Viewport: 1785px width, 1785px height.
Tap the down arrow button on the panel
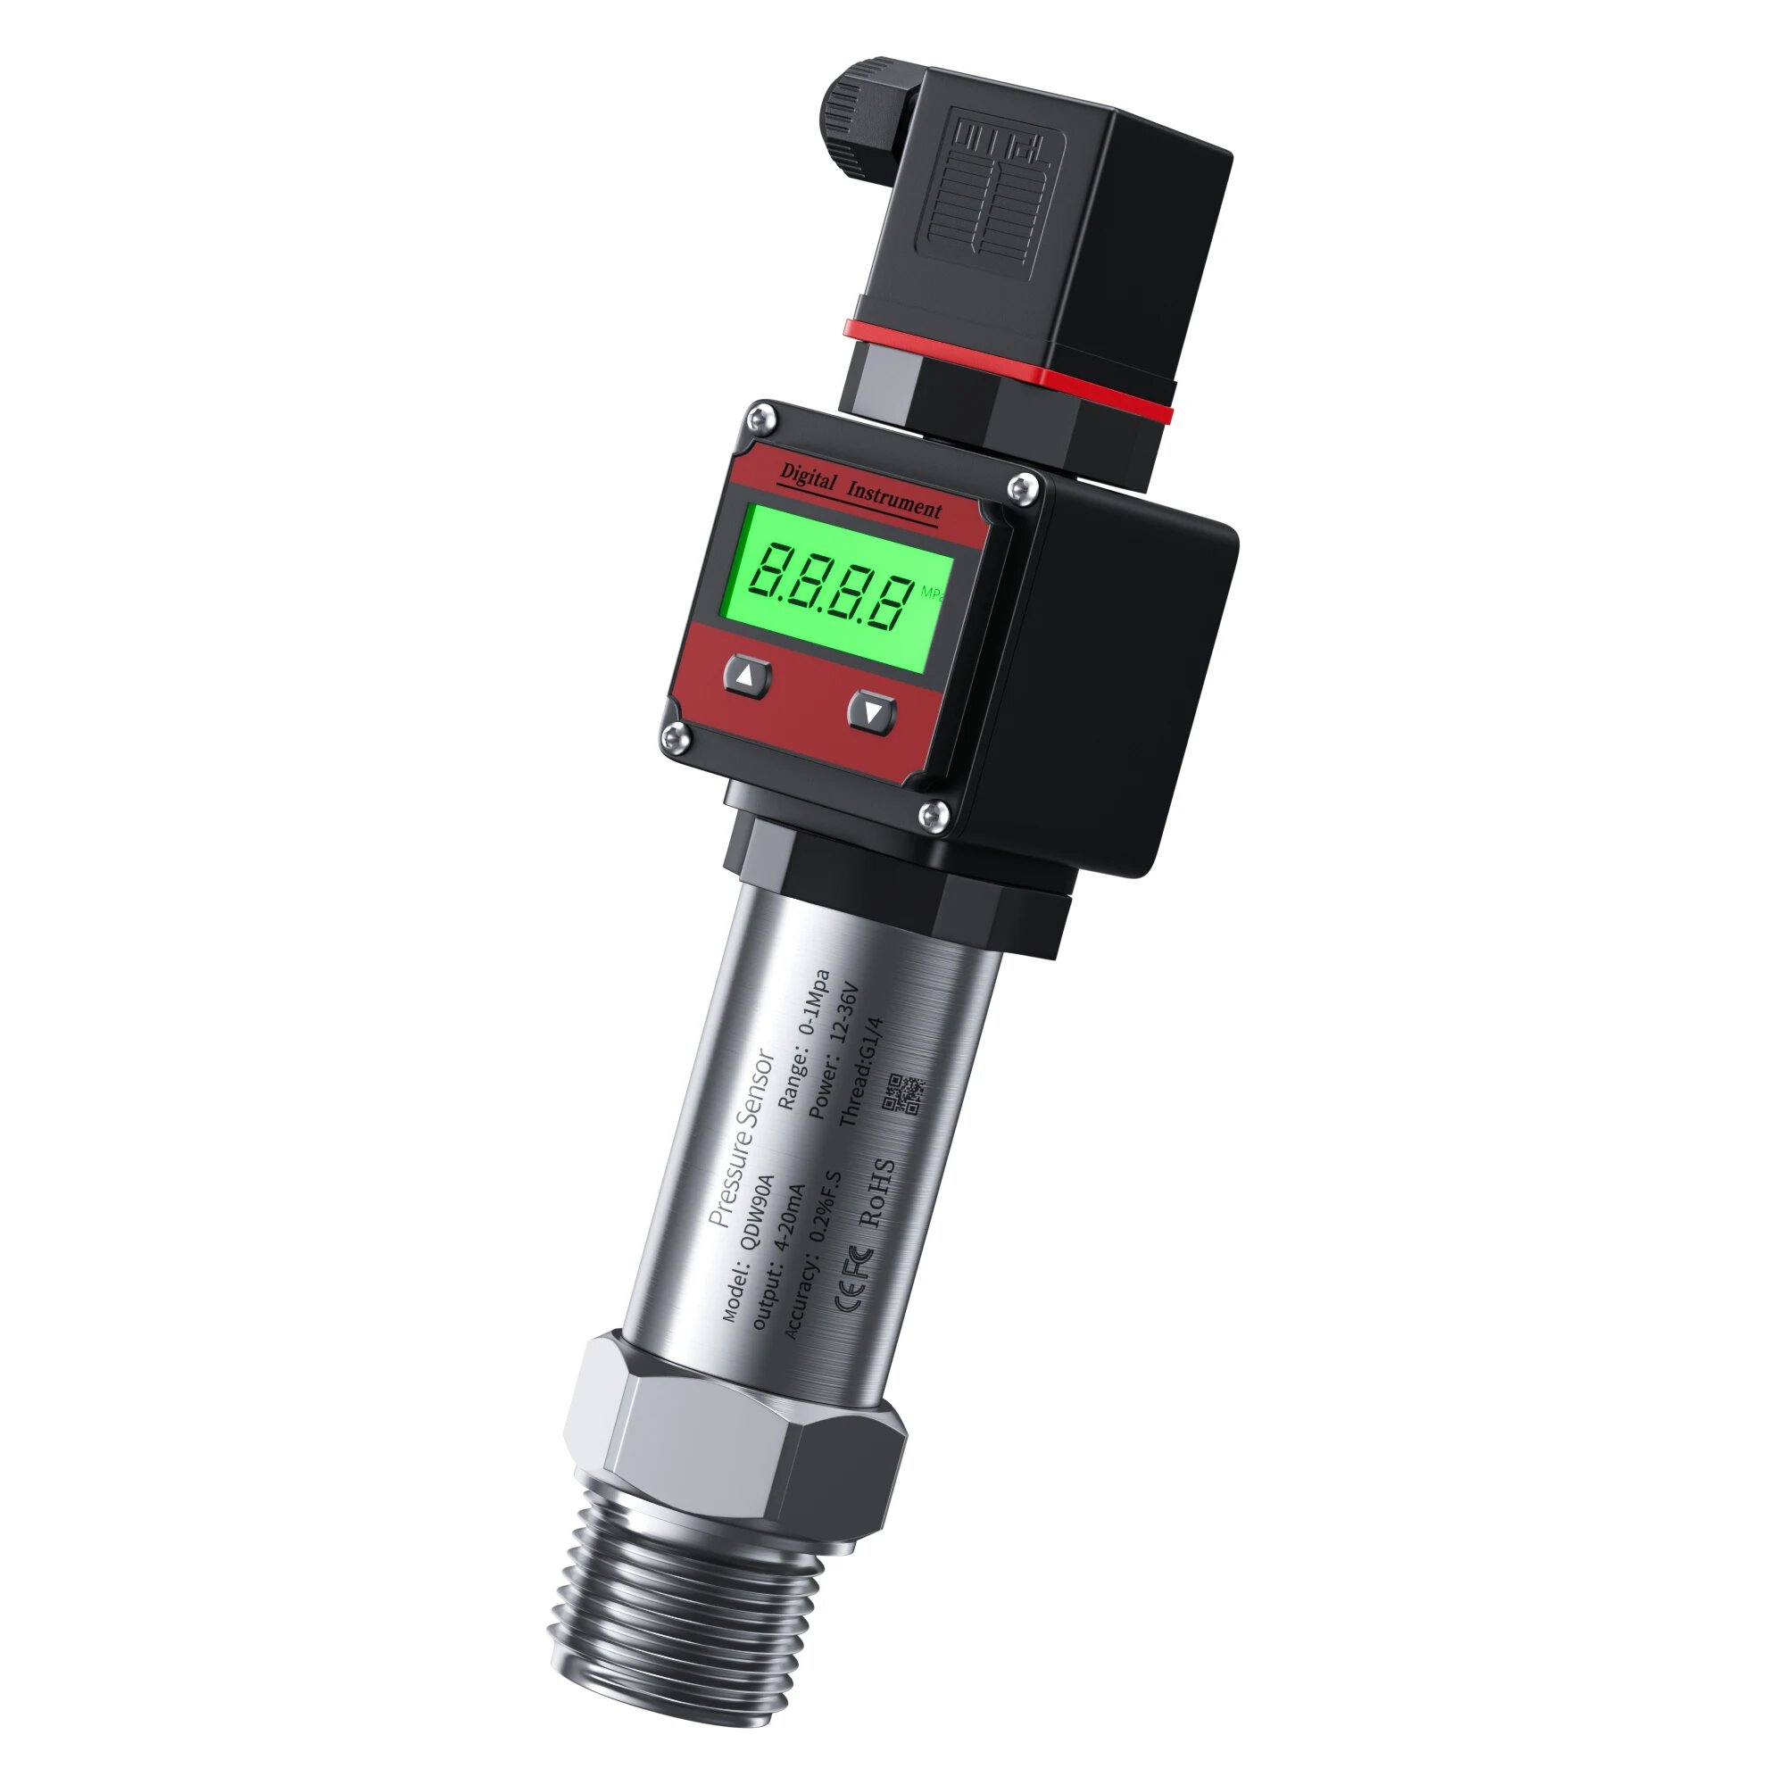click(872, 711)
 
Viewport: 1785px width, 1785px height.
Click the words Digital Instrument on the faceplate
click(860, 491)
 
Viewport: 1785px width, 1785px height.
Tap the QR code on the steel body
click(902, 1094)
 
